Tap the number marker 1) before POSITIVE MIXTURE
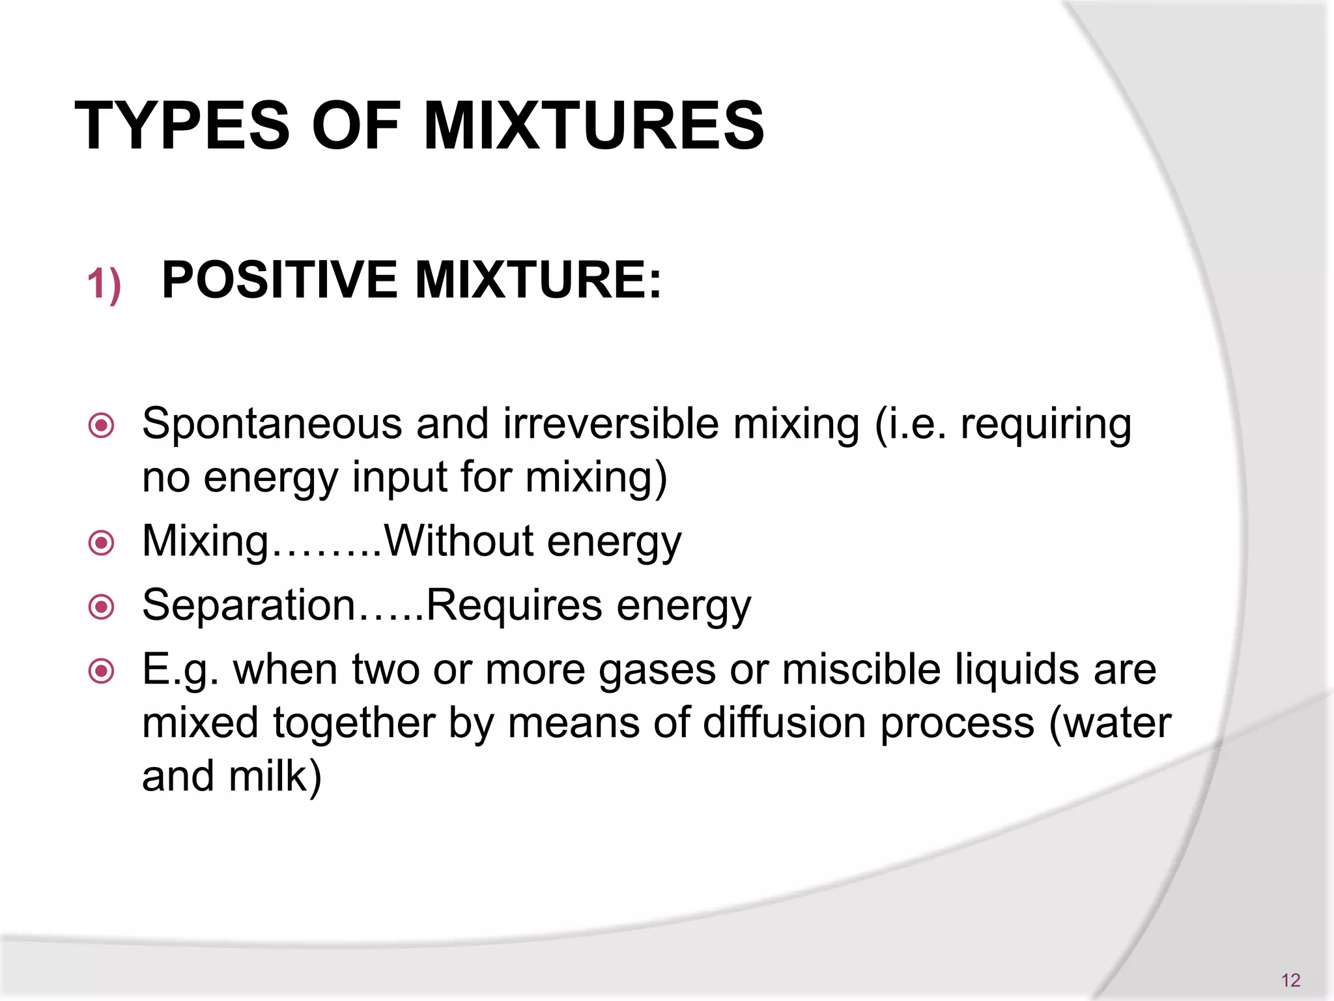pos(104,285)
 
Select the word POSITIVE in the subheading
pos(279,280)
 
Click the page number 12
pos(1290,979)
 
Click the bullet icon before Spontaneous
pos(102,426)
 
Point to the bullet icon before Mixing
pos(102,542)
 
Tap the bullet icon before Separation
pos(102,607)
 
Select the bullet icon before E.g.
pos(102,671)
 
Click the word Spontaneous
pos(272,425)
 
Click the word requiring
pos(1046,425)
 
